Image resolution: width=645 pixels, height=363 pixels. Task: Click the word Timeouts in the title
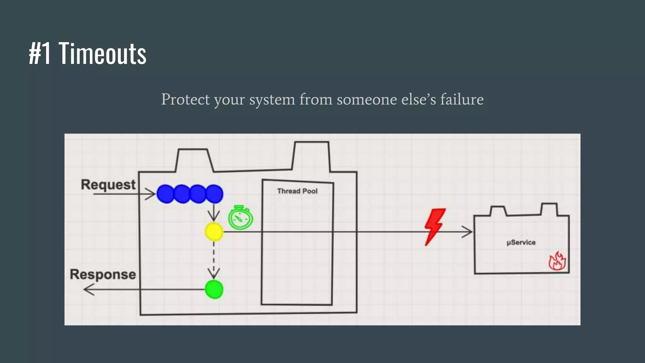pyautogui.click(x=102, y=54)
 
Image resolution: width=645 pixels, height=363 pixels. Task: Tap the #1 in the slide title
pyautogui.click(x=40, y=54)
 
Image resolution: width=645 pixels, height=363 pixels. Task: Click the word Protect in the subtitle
pyautogui.click(x=185, y=100)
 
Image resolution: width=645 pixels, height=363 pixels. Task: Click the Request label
pyautogui.click(x=108, y=185)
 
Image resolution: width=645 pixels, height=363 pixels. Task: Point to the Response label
pyautogui.click(x=103, y=274)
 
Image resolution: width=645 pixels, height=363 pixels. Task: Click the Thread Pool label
pyautogui.click(x=297, y=191)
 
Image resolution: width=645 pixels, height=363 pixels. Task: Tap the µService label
pyautogui.click(x=521, y=242)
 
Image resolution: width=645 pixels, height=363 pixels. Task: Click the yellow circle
pyautogui.click(x=214, y=232)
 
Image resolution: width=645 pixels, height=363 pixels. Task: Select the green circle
pyautogui.click(x=214, y=289)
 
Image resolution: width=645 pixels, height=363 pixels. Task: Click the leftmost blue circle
pyautogui.click(x=165, y=194)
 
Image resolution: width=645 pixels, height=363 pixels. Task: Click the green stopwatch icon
pyautogui.click(x=241, y=218)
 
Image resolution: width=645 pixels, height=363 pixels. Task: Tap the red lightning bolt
pyautogui.click(x=435, y=226)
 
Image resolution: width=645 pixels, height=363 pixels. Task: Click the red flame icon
pyautogui.click(x=557, y=261)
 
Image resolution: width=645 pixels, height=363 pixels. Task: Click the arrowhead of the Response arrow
pyautogui.click(x=88, y=289)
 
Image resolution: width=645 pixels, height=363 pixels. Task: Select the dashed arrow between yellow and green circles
pyautogui.click(x=214, y=258)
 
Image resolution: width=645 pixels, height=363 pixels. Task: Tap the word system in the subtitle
pyautogui.click(x=272, y=100)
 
